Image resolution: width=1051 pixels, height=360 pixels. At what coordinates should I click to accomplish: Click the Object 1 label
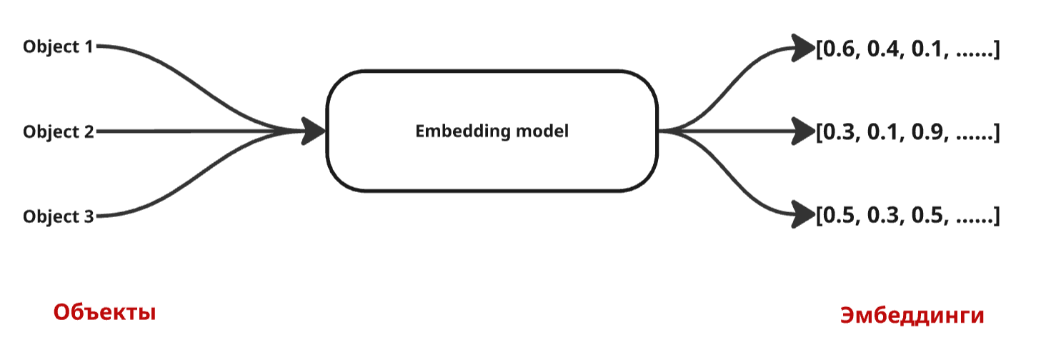coord(58,47)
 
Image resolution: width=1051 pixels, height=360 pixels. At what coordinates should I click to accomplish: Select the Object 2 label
coord(59,132)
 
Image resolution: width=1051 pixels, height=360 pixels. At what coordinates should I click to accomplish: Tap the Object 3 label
coord(59,216)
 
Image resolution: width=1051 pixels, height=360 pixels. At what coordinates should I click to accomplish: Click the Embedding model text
coord(492,131)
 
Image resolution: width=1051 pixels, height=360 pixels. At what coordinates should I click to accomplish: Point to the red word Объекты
coord(104,312)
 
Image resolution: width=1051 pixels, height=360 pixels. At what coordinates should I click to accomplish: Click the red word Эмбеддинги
coord(912,315)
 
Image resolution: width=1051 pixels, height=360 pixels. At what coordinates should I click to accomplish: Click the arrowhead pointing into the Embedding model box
coord(313,131)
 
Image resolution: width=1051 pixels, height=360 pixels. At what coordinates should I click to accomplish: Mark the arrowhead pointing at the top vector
coord(803,47)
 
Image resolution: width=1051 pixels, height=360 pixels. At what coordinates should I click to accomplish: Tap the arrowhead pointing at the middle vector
coord(803,131)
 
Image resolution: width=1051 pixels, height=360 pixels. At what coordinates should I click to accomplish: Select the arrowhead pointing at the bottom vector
coord(803,214)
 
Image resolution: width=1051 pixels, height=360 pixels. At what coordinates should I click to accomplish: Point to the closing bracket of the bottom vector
coord(996,216)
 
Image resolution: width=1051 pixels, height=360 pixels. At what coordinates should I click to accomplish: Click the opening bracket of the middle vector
coord(820,133)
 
